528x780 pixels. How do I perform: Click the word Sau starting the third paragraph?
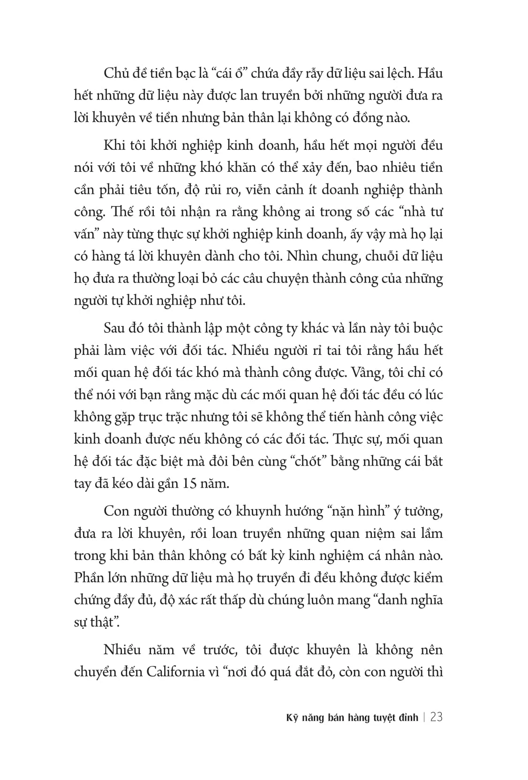click(x=114, y=328)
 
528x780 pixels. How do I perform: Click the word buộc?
click(x=427, y=328)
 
